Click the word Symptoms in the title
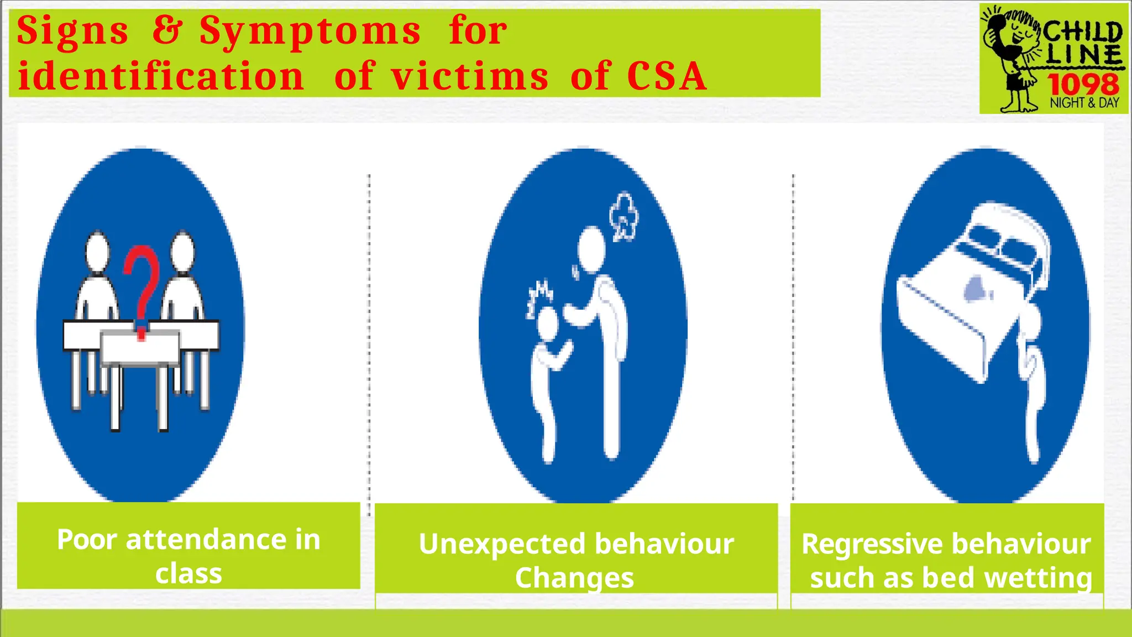(310, 32)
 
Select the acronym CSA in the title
(667, 76)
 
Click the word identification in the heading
(160, 76)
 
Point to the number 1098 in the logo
(1082, 85)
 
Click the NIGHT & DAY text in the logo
(1084, 103)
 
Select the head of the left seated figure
(97, 250)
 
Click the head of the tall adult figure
(592, 249)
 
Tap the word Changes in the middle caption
(574, 578)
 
